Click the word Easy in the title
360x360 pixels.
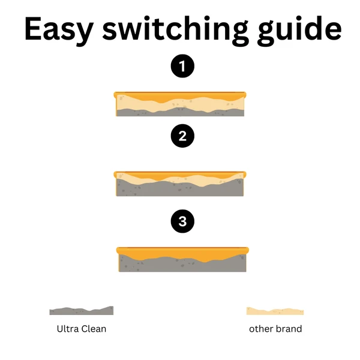59,30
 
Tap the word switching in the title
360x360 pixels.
175,29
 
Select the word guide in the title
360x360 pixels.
299,29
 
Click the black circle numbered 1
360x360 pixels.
182,66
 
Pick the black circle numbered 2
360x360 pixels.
182,136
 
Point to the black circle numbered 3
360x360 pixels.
182,221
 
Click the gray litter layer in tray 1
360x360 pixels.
180,112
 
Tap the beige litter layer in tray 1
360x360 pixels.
180,104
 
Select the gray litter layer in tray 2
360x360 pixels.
180,188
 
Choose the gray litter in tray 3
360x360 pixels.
182,265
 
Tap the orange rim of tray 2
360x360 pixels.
180,174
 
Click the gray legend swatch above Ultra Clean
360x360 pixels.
82,311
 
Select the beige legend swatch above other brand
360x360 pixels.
275,311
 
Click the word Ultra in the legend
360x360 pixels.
68,329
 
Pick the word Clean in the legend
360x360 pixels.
94,329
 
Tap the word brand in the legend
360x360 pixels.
289,329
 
